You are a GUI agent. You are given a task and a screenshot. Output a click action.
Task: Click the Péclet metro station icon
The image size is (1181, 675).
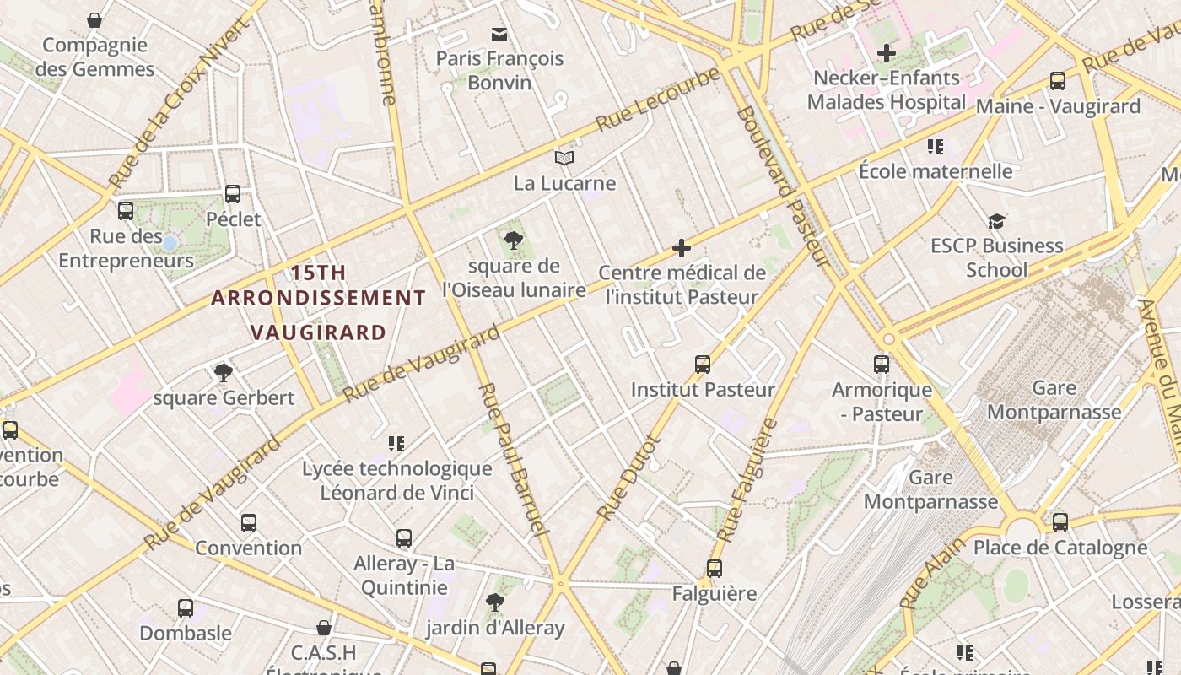click(233, 194)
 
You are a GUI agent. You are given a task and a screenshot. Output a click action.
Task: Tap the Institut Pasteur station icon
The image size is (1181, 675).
click(703, 364)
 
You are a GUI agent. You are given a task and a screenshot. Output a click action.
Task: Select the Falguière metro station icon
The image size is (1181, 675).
click(715, 569)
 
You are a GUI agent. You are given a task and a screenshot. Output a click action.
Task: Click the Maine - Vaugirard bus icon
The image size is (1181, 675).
click(1058, 81)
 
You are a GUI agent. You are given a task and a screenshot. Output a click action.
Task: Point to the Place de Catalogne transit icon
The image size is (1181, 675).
click(1060, 522)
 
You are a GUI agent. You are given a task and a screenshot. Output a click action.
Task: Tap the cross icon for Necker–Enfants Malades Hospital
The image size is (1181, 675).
click(886, 53)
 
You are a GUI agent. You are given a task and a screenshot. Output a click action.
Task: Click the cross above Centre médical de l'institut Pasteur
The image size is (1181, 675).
click(682, 248)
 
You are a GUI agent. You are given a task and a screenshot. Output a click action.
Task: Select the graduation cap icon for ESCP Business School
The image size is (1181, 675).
click(997, 221)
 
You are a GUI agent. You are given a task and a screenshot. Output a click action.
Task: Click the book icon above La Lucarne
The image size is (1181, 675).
click(564, 158)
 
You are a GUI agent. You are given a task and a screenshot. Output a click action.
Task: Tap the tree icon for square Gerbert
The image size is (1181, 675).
click(224, 372)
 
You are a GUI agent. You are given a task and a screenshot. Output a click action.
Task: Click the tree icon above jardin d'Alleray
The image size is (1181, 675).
click(495, 602)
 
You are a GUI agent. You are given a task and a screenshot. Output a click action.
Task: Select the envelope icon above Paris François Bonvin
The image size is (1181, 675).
click(499, 34)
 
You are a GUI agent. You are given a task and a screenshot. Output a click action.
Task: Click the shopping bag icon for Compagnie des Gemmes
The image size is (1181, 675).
click(94, 20)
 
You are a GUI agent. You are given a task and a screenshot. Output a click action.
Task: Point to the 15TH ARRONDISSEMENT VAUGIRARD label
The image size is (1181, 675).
click(319, 302)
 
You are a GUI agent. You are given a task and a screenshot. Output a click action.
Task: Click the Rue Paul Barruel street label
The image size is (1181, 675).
click(511, 459)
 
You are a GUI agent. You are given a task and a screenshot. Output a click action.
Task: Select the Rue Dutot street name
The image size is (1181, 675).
click(626, 478)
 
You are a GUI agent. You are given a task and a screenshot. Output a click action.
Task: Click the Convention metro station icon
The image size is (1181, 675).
click(249, 522)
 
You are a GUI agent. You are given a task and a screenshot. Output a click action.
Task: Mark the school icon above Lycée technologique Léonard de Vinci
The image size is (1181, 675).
click(396, 443)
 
